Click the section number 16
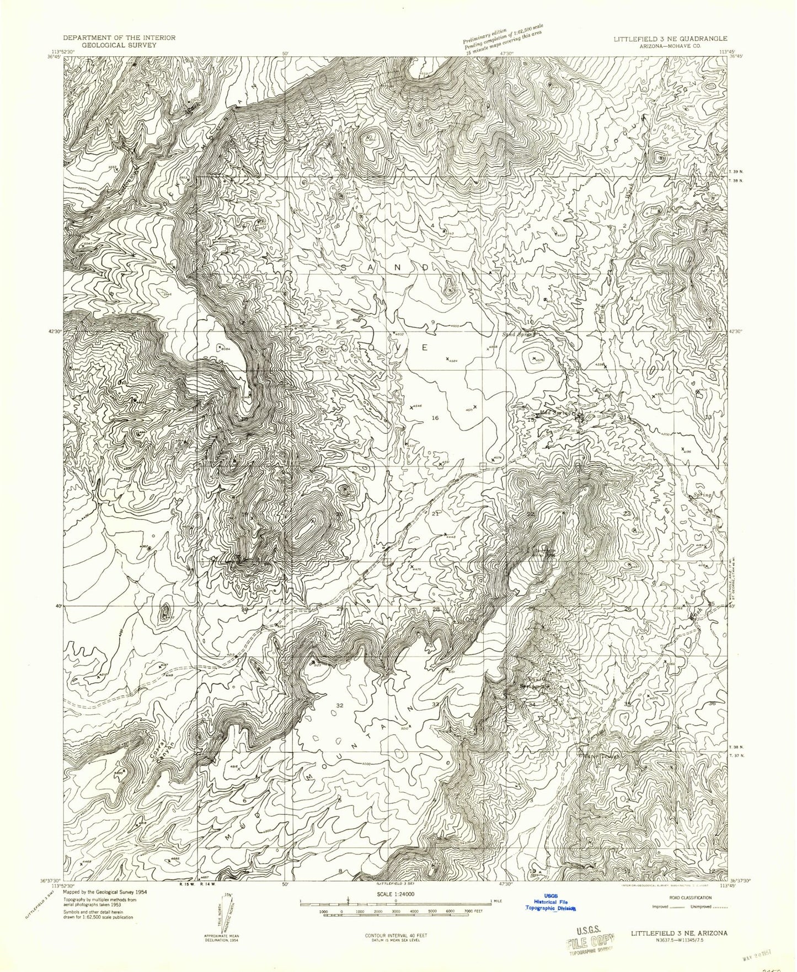coord(436,418)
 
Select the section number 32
coord(339,705)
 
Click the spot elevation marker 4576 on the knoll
coord(532,359)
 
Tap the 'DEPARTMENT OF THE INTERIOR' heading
coord(119,37)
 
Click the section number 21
coord(435,514)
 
